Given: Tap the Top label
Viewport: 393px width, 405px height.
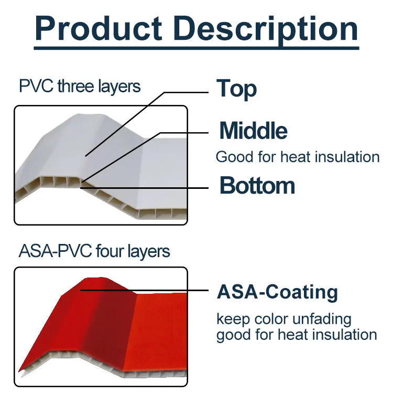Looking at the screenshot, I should point(237,89).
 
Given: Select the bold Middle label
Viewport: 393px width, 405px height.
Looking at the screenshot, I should point(253,131).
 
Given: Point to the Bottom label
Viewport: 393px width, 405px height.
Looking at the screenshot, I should point(257,186).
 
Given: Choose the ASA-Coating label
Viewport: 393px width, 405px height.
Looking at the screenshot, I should point(277,292).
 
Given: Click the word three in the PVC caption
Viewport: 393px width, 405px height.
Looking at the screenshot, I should point(77,86).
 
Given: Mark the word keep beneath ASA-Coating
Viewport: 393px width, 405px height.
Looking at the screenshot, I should point(232,319).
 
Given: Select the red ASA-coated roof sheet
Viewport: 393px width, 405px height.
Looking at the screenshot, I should point(105,325).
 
